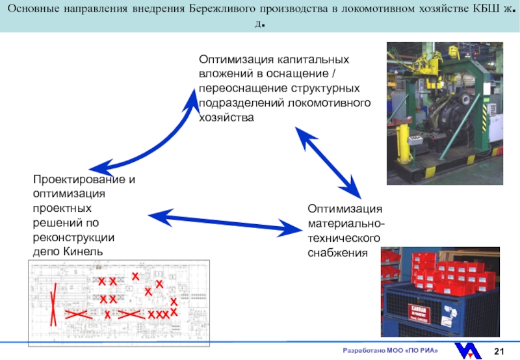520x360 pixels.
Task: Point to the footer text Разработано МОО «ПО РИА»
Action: coord(390,352)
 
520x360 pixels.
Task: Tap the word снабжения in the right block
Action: coord(337,252)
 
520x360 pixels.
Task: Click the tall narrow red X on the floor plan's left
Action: coord(54,303)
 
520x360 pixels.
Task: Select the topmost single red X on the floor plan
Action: coord(135,277)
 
